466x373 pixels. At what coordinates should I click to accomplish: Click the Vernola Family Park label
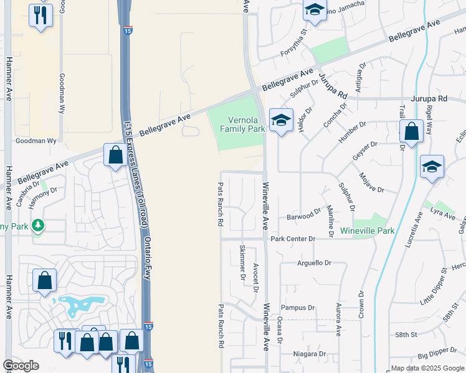click(x=242, y=124)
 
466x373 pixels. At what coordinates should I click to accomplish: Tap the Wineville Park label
click(x=368, y=231)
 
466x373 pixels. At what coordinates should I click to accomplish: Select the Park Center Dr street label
click(x=293, y=239)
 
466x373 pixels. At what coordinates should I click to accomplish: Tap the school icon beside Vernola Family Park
click(x=281, y=121)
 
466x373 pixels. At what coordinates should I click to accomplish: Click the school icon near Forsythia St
click(x=315, y=11)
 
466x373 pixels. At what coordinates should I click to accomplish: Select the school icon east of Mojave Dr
click(x=432, y=167)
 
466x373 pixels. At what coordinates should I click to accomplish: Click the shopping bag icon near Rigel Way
click(x=411, y=132)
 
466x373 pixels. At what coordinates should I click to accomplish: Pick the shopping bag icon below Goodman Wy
click(x=116, y=155)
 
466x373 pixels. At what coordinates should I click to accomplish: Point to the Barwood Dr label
click(x=304, y=217)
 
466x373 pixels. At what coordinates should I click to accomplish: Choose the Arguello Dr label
click(x=315, y=263)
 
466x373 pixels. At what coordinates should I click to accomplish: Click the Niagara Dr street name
click(x=310, y=354)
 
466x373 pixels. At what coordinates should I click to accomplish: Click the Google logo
click(x=21, y=366)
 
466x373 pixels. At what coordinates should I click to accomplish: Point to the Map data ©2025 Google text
click(x=427, y=368)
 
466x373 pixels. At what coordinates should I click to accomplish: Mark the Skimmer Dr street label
click(x=242, y=260)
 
